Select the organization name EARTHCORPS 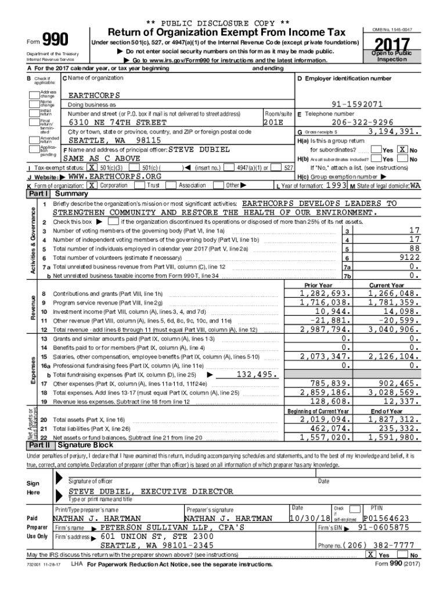94,95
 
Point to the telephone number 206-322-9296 363,123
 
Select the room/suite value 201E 273,123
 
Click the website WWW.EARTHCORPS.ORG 114,176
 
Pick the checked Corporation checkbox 91,185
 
